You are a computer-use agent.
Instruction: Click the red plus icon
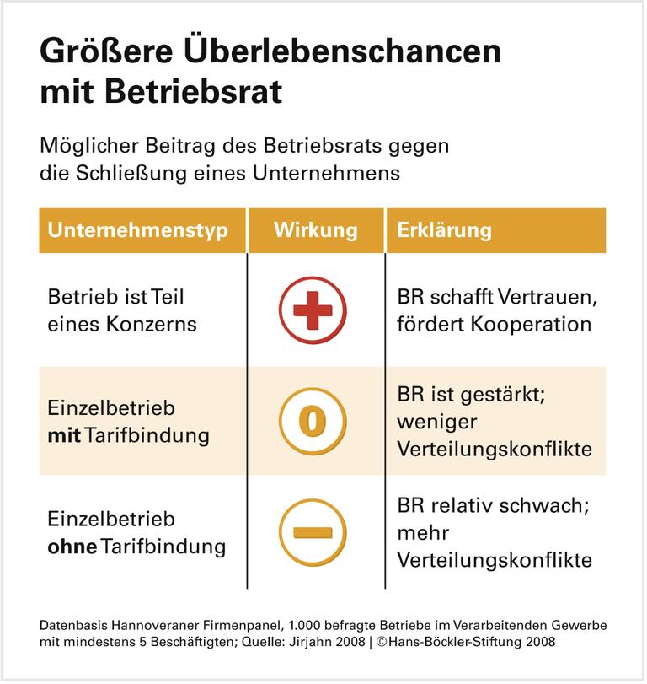pos(313,312)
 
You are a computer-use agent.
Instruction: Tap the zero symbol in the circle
pos(313,422)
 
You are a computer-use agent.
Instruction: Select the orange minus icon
pos(313,532)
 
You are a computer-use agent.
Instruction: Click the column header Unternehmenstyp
pos(137,230)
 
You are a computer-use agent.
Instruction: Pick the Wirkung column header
pos(315,230)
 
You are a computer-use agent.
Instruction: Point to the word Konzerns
pos(156,324)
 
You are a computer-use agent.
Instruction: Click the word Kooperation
pos(526,324)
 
